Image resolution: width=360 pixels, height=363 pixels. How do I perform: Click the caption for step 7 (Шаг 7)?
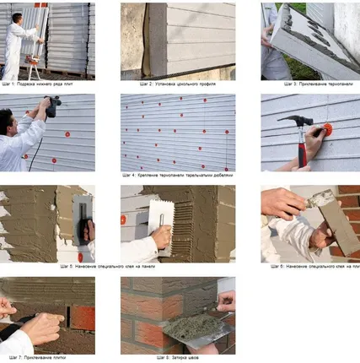coord(47,357)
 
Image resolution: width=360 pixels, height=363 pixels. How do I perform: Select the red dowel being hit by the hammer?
coord(325,130)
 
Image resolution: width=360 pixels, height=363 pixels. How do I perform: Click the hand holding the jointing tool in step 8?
coord(225,302)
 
